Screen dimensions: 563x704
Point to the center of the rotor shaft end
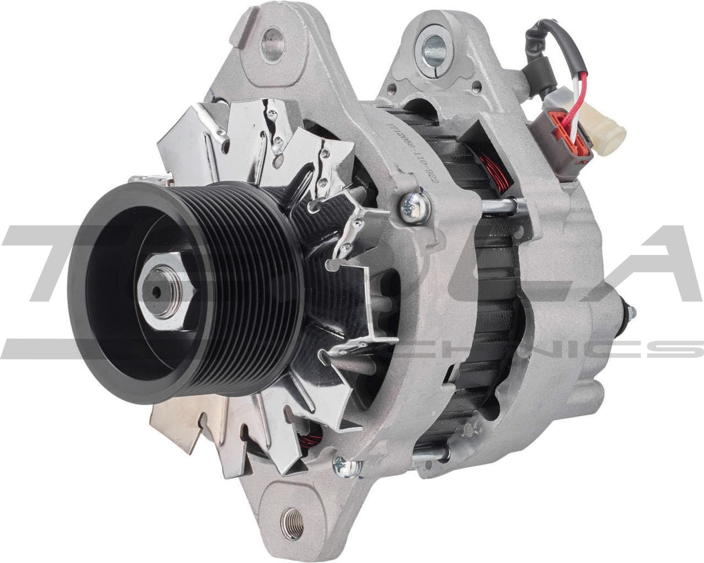(x=158, y=291)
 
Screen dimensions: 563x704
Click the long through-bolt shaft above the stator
(x=498, y=206)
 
